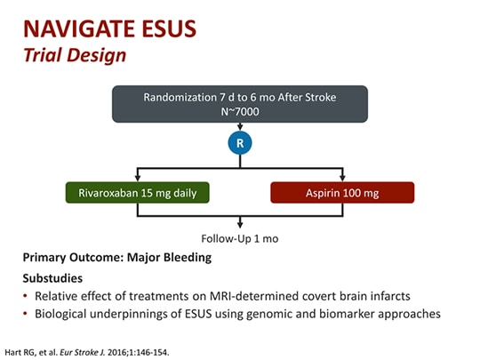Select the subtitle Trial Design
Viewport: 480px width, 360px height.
74,55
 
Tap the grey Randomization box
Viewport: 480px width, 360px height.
240,104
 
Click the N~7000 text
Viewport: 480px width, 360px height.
240,113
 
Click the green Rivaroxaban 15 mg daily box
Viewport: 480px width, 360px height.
136,193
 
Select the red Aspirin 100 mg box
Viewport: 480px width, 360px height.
342,193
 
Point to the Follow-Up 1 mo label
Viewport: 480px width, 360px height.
240,237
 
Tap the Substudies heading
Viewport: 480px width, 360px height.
52,277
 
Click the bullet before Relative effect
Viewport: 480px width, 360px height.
27,296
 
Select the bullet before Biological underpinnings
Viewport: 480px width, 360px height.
27,314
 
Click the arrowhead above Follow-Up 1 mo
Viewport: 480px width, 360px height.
240,225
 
